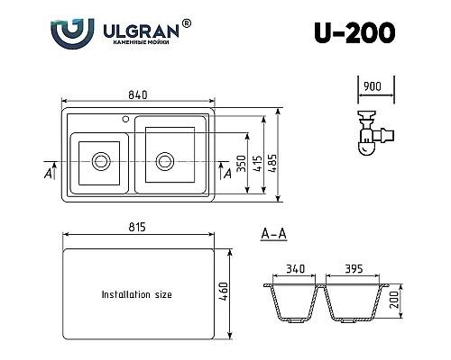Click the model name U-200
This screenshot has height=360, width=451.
click(x=354, y=32)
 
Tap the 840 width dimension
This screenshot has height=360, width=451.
click(x=138, y=94)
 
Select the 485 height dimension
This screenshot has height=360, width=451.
click(x=272, y=163)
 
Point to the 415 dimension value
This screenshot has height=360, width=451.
click(x=257, y=163)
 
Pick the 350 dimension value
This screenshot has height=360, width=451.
click(x=242, y=164)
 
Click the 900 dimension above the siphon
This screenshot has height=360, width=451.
click(x=373, y=86)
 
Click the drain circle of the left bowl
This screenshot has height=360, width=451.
click(x=101, y=161)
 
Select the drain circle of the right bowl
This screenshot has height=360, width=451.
click(x=165, y=161)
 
